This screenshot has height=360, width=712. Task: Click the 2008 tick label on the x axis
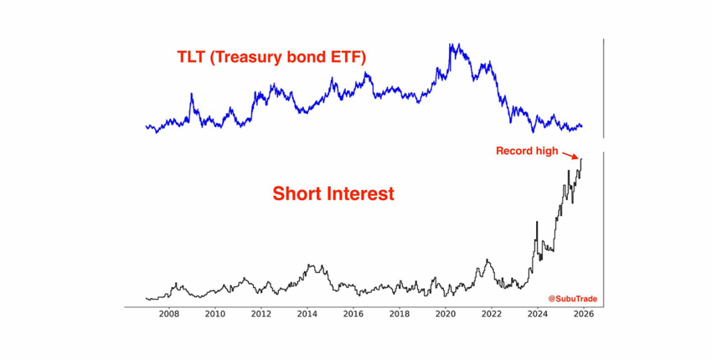click(x=169, y=314)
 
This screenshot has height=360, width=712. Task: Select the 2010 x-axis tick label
click(x=215, y=314)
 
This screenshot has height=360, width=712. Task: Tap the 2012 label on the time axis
click(x=261, y=314)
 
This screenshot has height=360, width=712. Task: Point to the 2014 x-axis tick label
click(x=307, y=314)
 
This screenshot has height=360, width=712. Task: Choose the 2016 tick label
click(x=353, y=314)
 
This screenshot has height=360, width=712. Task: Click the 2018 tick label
click(x=399, y=314)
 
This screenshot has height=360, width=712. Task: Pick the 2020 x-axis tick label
click(x=446, y=314)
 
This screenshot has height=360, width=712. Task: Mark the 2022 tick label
click(x=492, y=314)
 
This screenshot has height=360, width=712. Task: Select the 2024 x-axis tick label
click(x=537, y=314)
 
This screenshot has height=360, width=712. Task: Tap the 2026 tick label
click(x=583, y=314)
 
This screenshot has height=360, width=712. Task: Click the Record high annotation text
click(x=526, y=151)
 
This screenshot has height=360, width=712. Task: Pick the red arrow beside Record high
click(x=571, y=156)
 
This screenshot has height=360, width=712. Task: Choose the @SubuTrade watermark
click(x=572, y=299)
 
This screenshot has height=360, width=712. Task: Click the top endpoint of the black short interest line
click(x=582, y=159)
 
